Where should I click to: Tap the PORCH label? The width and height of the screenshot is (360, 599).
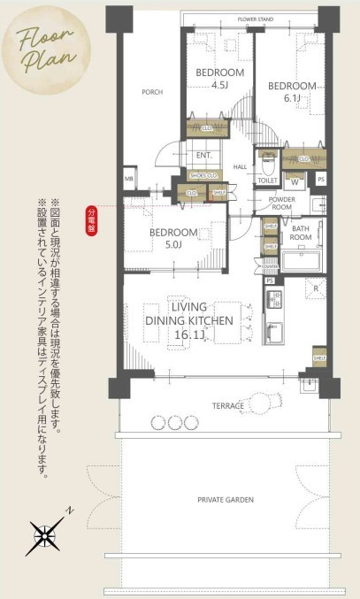click(152, 91)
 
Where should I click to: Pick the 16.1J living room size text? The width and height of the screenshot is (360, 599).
click(190, 336)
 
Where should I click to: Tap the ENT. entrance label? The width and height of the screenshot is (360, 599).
click(203, 156)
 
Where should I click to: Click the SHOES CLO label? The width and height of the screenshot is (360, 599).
click(203, 175)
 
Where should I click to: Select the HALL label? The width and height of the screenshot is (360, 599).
click(240, 165)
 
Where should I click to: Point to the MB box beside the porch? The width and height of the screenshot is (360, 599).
click(129, 179)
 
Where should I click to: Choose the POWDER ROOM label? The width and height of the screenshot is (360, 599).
click(282, 204)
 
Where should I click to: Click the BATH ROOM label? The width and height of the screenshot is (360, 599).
click(301, 234)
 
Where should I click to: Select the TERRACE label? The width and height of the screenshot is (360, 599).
click(227, 405)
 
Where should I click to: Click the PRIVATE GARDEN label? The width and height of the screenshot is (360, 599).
click(225, 500)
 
